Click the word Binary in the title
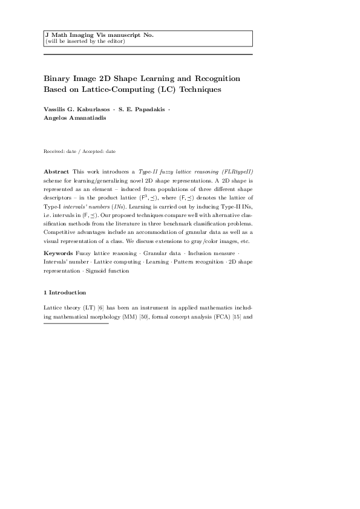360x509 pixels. [x=57, y=79]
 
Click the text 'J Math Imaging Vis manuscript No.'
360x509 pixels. [x=100, y=35]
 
